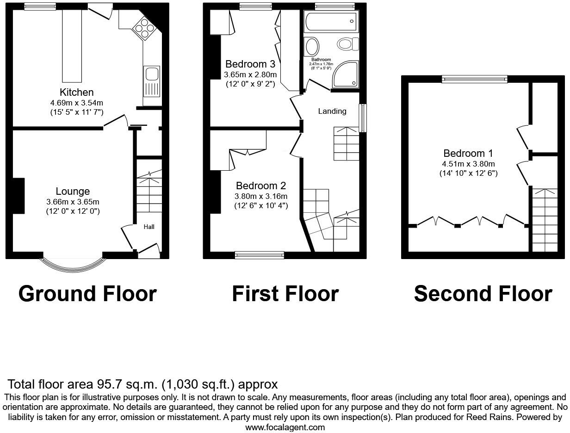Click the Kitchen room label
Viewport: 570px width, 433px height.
(x=76, y=92)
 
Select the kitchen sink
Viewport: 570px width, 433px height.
(x=152, y=74)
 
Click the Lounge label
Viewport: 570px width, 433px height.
(x=73, y=191)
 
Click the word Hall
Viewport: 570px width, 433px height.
(x=149, y=227)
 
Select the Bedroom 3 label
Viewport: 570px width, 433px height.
(x=250, y=64)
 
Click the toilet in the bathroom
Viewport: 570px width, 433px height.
(x=348, y=44)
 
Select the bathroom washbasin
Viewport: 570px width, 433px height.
(x=312, y=47)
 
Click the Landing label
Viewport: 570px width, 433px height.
(x=332, y=111)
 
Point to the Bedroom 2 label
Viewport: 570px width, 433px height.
(x=261, y=186)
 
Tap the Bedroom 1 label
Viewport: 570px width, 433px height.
(x=468, y=153)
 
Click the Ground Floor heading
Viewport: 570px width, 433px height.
(x=87, y=293)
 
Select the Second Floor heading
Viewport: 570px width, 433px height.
(x=483, y=293)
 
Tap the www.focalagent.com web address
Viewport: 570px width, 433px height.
(x=285, y=427)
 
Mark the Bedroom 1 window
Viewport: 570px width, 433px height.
(x=474, y=79)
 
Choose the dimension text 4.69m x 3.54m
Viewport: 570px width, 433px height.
(x=76, y=103)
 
